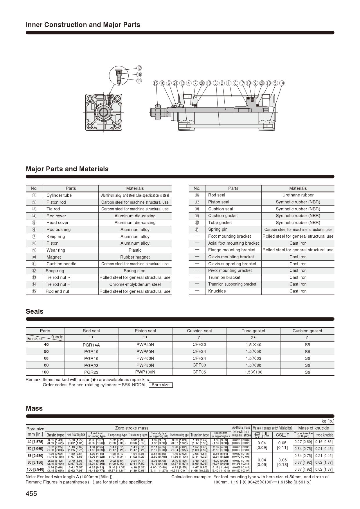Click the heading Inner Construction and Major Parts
click(x=83, y=25)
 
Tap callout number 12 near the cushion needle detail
click(x=139, y=68)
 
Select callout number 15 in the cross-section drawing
click(x=156, y=83)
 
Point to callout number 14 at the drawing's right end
click(x=282, y=83)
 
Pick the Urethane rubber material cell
click(x=298, y=195)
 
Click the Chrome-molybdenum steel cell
click(x=135, y=284)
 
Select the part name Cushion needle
click(x=61, y=264)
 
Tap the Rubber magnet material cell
click(x=135, y=257)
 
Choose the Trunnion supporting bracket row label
click(x=232, y=284)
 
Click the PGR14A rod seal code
click(x=91, y=345)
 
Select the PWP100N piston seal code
click(x=145, y=372)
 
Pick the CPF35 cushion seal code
click(x=199, y=372)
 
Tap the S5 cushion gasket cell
click(x=307, y=345)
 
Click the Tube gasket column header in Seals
click(x=253, y=331)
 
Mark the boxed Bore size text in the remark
click(x=161, y=385)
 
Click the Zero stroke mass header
click(x=132, y=428)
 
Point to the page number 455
click(x=31, y=494)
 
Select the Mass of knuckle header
click(x=314, y=428)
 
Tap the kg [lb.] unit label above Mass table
click(x=328, y=421)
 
